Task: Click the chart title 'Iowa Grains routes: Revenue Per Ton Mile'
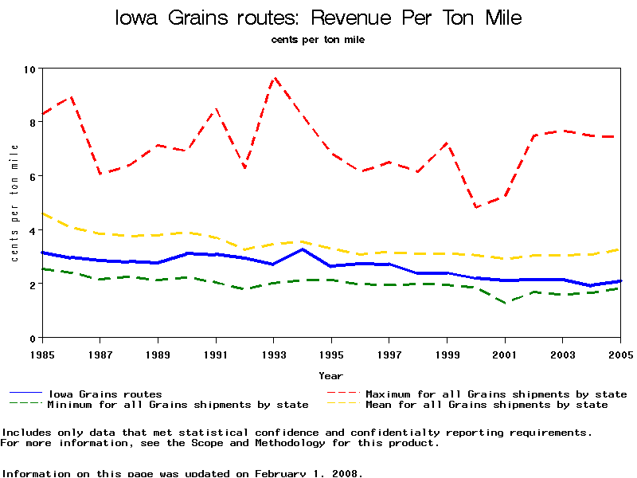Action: (x=318, y=18)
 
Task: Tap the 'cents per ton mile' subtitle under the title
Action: (x=318, y=39)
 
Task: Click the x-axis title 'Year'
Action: (x=330, y=375)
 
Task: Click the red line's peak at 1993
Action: (x=274, y=78)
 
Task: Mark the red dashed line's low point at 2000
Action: (x=476, y=207)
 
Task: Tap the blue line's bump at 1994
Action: (x=303, y=249)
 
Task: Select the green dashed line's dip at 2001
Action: (x=505, y=303)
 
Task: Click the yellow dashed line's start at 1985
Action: (x=42, y=214)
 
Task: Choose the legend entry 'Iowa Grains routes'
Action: (x=104, y=394)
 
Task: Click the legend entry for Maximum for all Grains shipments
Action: (x=495, y=394)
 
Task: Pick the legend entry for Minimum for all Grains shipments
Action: (x=178, y=405)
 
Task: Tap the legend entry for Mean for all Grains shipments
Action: (x=486, y=405)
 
